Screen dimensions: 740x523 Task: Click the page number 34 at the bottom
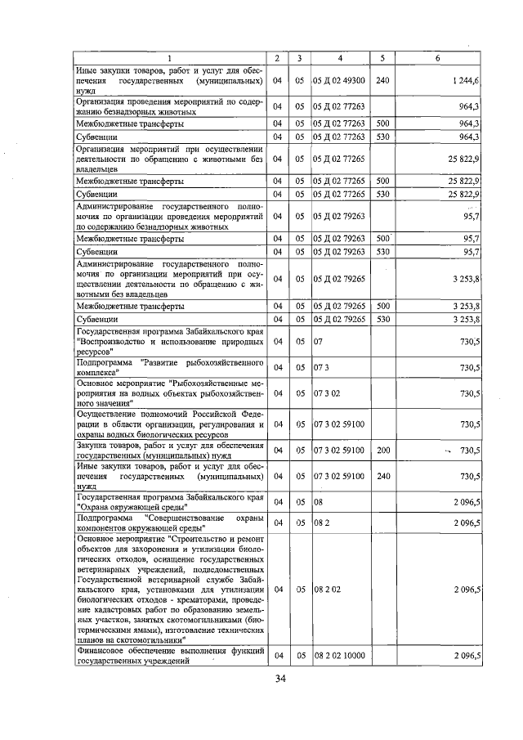(279, 679)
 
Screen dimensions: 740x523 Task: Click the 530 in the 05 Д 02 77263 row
(383, 137)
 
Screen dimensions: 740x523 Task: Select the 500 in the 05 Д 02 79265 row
(383, 306)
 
